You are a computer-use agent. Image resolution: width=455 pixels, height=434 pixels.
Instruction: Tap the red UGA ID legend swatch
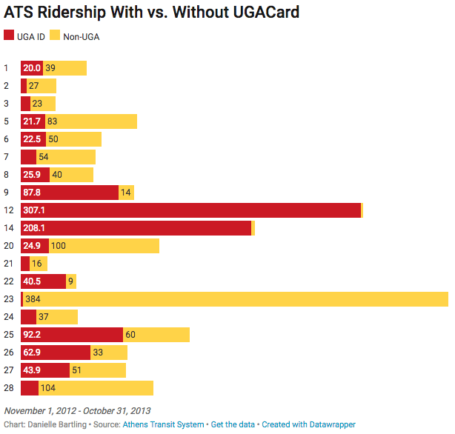click(9, 35)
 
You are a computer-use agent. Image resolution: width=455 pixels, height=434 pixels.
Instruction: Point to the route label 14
click(8, 228)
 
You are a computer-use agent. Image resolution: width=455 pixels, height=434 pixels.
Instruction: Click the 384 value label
click(33, 299)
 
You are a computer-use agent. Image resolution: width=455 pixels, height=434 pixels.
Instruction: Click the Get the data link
click(233, 424)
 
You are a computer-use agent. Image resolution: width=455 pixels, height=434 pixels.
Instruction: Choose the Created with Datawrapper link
click(308, 424)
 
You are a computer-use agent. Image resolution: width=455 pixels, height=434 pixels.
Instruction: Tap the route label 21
click(8, 264)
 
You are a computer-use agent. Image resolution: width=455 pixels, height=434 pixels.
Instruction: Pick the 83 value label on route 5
click(52, 121)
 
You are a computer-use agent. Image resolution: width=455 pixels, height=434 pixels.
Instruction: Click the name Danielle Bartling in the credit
click(59, 424)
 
